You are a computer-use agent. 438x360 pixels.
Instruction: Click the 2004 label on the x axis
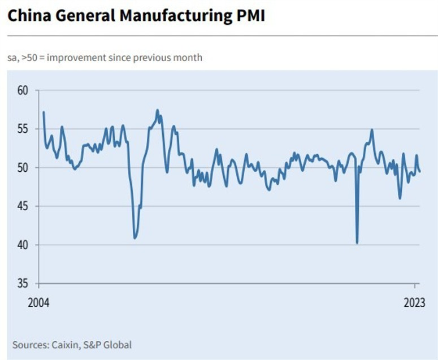point(38,302)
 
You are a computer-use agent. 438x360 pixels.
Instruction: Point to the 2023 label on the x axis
point(414,302)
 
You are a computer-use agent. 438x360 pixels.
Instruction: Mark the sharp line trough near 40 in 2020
point(357,243)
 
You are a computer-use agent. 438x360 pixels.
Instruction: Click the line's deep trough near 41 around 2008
point(135,238)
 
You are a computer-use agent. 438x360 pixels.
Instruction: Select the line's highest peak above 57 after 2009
point(157,110)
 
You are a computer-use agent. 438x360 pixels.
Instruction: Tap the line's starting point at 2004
point(44,112)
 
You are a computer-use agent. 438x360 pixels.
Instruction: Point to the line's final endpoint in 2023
point(419,171)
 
